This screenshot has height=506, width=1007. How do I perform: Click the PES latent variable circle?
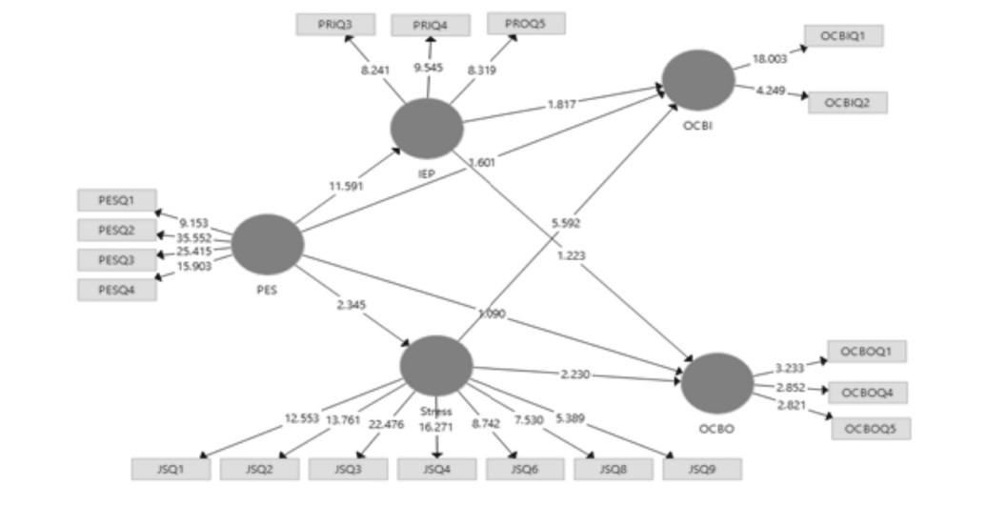coord(268,243)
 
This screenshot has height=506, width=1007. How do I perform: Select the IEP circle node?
coord(427,127)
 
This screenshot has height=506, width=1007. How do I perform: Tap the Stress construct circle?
coord(436,365)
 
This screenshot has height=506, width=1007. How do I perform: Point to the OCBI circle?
coord(698,79)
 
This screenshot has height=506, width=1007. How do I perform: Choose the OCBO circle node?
coord(717,383)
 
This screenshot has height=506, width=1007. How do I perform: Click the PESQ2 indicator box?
coord(116,230)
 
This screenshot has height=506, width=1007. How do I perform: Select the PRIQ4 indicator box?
coord(430,26)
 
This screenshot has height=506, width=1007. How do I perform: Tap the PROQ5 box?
coord(525,24)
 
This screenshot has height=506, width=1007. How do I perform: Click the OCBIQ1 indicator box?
coord(843,36)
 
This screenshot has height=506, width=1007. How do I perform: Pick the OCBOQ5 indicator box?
coord(871,429)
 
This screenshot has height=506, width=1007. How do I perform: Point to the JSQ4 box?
coord(436,469)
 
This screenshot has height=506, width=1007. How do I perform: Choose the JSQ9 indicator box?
coord(701,469)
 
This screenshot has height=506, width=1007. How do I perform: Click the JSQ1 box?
coord(171,469)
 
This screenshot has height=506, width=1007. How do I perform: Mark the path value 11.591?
coord(347,187)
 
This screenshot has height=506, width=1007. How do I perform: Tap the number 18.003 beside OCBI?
coord(770,58)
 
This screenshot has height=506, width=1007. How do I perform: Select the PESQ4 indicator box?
coord(116,290)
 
